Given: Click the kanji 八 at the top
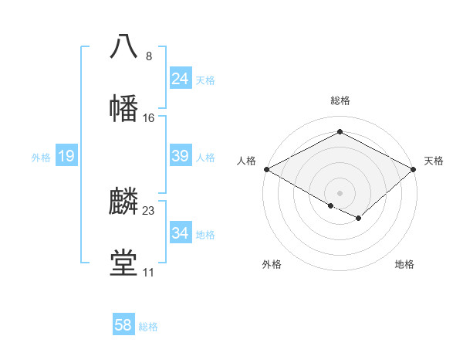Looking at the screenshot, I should coord(124,46).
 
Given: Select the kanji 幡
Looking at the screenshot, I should coord(124,108).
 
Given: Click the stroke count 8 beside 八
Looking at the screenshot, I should coord(148,56).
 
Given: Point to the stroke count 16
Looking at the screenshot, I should coord(149,118).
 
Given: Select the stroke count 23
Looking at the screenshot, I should coord(149,210).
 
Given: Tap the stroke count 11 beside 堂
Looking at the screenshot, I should coord(148,273).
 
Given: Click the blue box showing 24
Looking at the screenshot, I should coord(180,79).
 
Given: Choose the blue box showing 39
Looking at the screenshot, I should coord(180,156).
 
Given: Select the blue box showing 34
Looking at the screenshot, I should coord(180,233).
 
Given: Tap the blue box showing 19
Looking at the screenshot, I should coord(66,156).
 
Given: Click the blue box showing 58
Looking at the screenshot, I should coord(123,325).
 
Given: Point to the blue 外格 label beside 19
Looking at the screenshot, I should coord(41,158).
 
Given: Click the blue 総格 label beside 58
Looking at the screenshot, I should coord(148,327).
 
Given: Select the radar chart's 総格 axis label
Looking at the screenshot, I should coord(340,100).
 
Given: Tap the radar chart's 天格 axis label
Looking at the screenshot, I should coord(434,161).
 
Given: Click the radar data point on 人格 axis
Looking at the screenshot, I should coord(266,169).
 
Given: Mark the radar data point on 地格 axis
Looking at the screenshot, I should coord(359,219).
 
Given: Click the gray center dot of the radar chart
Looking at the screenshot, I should coord(340,192).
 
